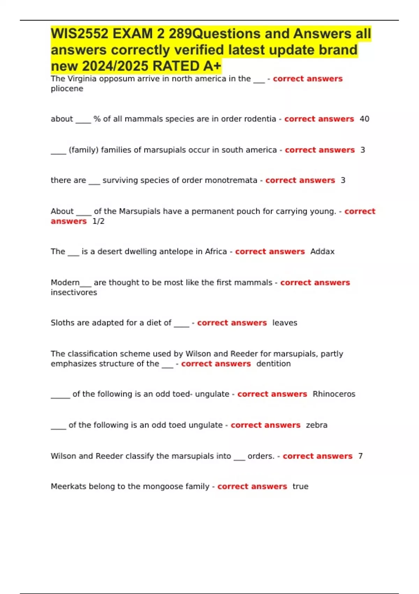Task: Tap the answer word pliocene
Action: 67,89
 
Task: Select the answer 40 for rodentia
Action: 364,119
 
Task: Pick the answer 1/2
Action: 98,221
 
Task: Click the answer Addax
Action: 322,252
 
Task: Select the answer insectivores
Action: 74,292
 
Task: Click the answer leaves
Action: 285,323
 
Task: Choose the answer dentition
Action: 273,364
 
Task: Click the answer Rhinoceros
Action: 334,394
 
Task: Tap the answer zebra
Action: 317,425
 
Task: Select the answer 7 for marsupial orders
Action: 360,456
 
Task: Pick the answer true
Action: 300,487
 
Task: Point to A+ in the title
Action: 211,66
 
